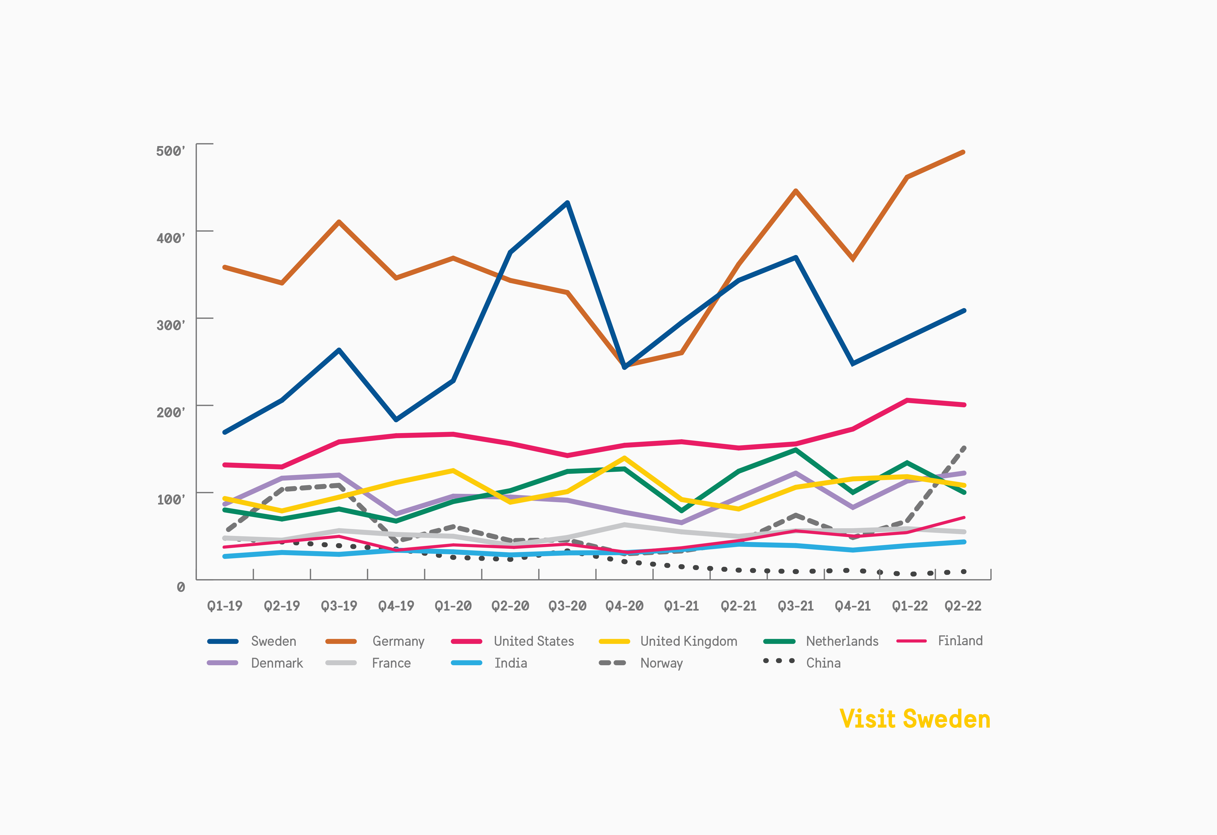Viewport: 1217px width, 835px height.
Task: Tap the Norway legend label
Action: click(x=662, y=663)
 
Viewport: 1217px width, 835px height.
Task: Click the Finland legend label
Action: click(x=960, y=641)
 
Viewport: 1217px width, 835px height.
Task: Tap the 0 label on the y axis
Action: click(x=181, y=587)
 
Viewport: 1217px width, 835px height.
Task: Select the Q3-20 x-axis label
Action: click(x=567, y=606)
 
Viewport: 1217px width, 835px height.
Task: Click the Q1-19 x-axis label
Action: click(x=225, y=606)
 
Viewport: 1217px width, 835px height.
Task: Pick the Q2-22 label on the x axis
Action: click(x=963, y=606)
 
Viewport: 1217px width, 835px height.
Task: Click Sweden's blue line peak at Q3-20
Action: click(x=568, y=203)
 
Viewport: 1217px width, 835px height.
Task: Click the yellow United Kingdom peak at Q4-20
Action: click(x=624, y=458)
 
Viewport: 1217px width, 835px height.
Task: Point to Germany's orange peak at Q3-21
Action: click(x=796, y=191)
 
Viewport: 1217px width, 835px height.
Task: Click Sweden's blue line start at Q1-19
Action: click(x=225, y=432)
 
